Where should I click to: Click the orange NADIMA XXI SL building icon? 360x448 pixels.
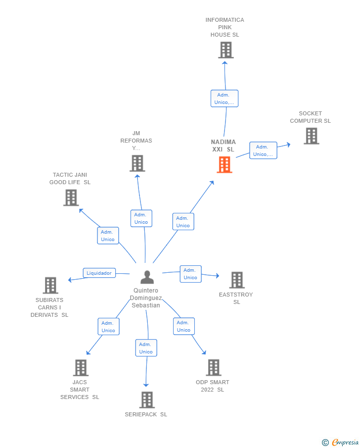click(x=225, y=165)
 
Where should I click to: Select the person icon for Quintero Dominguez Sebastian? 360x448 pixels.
click(x=147, y=277)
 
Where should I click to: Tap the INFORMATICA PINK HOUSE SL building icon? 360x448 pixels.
click(x=225, y=50)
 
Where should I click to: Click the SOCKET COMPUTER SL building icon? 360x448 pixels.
click(x=311, y=136)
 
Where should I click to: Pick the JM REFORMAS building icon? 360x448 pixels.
click(x=137, y=163)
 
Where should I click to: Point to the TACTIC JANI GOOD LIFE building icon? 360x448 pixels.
click(x=71, y=198)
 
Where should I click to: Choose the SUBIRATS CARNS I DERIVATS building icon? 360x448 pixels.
click(x=50, y=285)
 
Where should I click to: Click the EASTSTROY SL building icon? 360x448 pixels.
click(x=237, y=280)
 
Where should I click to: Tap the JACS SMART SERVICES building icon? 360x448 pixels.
click(x=81, y=367)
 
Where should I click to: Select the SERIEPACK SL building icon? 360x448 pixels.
click(x=146, y=399)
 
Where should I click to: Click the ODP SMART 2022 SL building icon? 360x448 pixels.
click(x=213, y=367)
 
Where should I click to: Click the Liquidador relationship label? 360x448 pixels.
click(x=99, y=273)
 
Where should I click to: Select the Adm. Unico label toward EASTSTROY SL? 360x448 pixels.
click(x=190, y=274)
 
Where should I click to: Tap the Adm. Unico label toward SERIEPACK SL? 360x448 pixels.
click(x=146, y=348)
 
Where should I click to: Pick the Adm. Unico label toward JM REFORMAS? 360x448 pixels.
click(x=141, y=218)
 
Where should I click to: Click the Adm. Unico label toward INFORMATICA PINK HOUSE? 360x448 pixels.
click(x=224, y=99)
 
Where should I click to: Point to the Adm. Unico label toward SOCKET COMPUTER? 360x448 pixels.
click(x=263, y=150)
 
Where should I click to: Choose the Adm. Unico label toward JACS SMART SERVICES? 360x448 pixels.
click(x=108, y=327)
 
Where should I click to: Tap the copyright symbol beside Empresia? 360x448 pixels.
click(x=325, y=442)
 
